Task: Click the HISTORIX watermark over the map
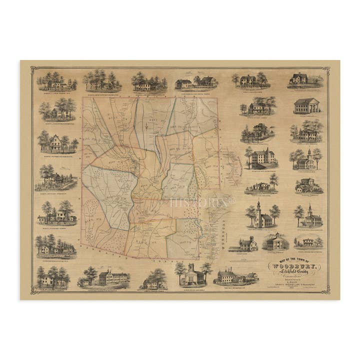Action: click(202, 202)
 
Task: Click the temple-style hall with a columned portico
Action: click(306, 105)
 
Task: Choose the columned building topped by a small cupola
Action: click(275, 242)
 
